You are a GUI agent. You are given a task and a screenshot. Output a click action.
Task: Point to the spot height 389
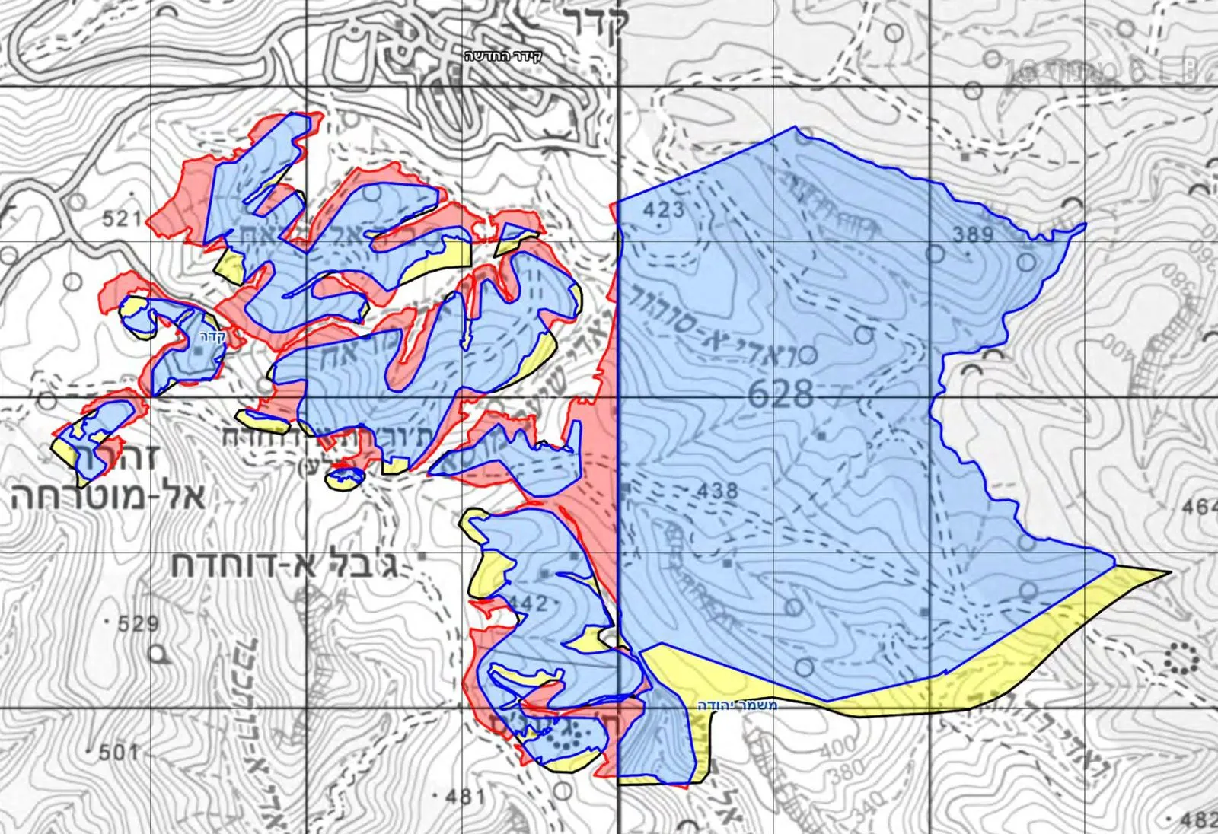(973, 234)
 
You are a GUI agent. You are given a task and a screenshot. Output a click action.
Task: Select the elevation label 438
(717, 491)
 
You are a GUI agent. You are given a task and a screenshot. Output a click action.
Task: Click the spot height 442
(527, 603)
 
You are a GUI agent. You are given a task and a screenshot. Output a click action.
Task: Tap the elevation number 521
(122, 220)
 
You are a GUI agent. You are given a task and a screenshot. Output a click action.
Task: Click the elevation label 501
(118, 753)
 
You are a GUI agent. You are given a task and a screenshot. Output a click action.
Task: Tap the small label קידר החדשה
(503, 56)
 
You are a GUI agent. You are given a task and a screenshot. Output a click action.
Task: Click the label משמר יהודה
(738, 705)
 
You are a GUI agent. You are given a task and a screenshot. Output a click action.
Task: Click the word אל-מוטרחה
(107, 496)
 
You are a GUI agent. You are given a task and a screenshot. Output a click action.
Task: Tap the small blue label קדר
(214, 338)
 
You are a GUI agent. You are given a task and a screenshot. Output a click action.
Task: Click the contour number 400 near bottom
(839, 750)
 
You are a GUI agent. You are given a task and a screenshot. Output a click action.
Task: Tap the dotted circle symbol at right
(1182, 658)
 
